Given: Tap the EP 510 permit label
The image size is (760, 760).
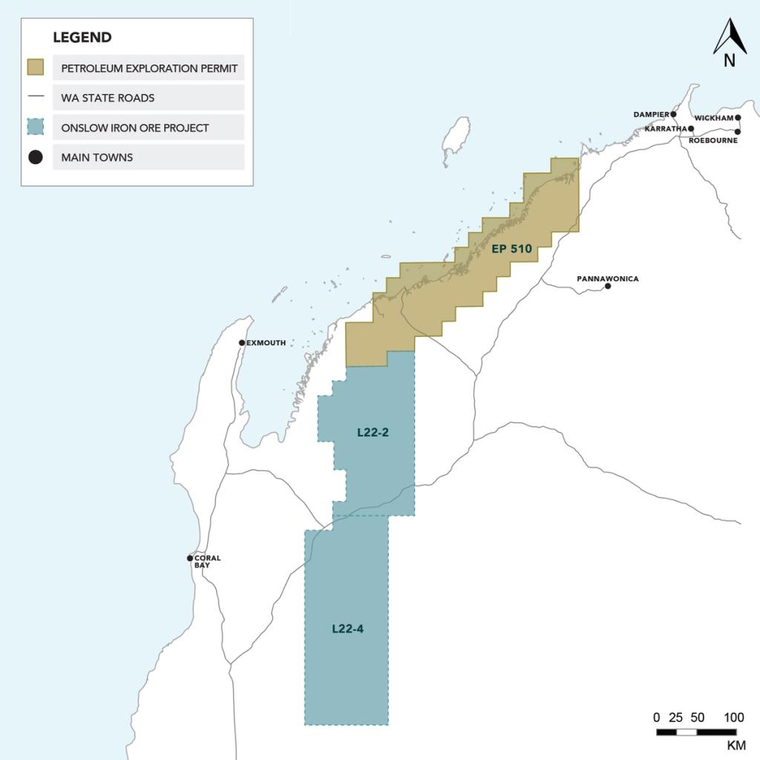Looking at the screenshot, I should pos(511,249).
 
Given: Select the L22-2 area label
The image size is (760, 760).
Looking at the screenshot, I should pos(373,433).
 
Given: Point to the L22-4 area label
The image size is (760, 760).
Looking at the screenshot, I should pos(347,629).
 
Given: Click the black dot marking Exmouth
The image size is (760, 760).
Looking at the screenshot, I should pos(242,343).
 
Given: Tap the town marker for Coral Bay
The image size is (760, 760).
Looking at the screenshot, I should pos(190,558).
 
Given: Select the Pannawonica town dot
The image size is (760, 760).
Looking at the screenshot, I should pos(608,286).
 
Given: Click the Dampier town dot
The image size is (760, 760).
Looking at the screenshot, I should pos(674,114).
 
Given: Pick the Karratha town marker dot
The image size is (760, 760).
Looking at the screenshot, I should pos(691,128).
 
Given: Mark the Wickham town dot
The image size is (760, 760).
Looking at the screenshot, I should pos(738,117).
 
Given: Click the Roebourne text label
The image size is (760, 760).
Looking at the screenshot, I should pos(712,140).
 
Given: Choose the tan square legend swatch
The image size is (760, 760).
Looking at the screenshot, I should pos(35,68).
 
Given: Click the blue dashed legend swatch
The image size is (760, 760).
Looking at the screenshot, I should pos(35,127).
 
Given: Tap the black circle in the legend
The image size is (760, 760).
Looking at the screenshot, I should pos(35,157).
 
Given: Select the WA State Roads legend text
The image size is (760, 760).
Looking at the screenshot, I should pos(108,97).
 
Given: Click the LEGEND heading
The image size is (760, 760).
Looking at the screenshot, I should pos(82,37).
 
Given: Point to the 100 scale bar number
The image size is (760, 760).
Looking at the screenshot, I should pos(733,718).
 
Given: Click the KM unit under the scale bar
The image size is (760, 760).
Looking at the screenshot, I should pos(736,745).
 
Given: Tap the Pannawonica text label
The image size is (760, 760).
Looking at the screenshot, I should pos(607,279).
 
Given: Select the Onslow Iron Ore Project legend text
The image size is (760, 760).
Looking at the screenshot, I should pos(135,128).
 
